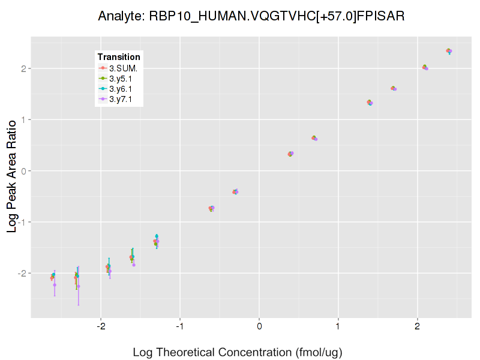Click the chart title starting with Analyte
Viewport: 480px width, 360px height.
click(x=251, y=16)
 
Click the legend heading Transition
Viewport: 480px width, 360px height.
click(x=119, y=57)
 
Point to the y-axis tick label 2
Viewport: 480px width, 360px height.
click(x=23, y=68)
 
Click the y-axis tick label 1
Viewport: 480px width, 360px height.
click(x=23, y=119)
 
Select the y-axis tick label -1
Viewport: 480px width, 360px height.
click(x=21, y=222)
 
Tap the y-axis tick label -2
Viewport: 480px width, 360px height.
click(x=21, y=273)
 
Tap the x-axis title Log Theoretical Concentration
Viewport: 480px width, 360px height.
click(x=237, y=352)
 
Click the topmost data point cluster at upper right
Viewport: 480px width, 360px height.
click(x=449, y=51)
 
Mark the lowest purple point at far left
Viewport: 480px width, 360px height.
click(x=55, y=284)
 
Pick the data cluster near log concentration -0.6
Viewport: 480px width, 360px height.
click(x=211, y=208)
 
